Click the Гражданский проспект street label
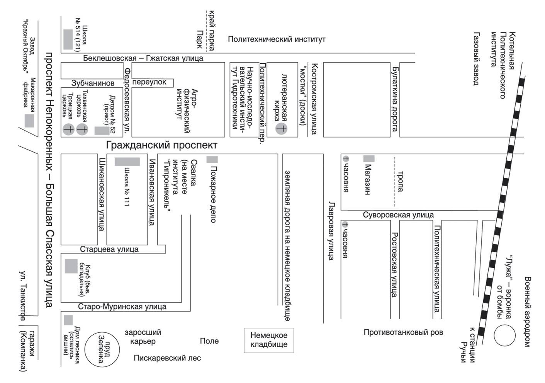(x=161, y=145)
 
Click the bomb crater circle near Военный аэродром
(x=504, y=335)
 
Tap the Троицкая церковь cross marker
(x=69, y=129)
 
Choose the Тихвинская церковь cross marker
(x=82, y=129)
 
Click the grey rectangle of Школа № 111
(x=127, y=162)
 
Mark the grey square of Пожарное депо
(x=212, y=160)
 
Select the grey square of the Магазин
(x=369, y=158)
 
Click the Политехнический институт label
(x=277, y=39)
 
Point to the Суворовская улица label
(x=398, y=215)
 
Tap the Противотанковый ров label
(x=403, y=332)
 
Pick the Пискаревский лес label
(x=167, y=358)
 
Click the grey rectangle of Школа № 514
(x=68, y=39)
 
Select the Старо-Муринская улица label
(x=122, y=307)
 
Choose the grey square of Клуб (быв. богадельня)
(x=71, y=266)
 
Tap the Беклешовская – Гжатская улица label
(x=143, y=58)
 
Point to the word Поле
(x=209, y=341)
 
